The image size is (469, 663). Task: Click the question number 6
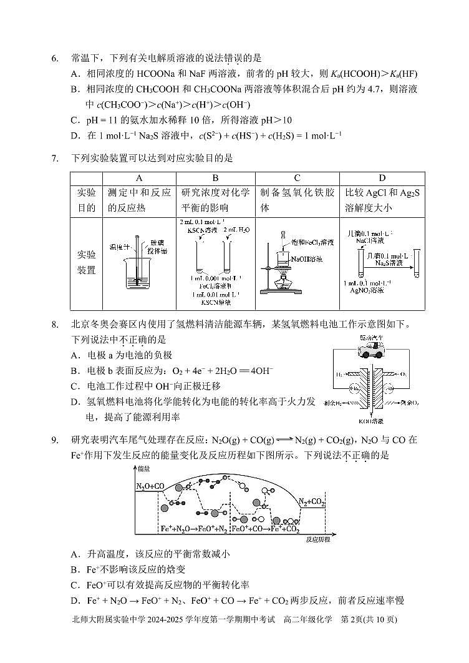pos(55,58)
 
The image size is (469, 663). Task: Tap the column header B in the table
pos(216,178)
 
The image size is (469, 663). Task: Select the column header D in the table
pos(382,178)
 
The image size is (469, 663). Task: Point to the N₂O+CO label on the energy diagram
pos(150,486)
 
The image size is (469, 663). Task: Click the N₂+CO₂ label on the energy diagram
pos(311,501)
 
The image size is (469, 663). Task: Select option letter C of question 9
pos(74,584)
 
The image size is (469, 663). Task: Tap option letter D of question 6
pos(74,135)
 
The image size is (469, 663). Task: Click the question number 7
pos(55,159)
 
